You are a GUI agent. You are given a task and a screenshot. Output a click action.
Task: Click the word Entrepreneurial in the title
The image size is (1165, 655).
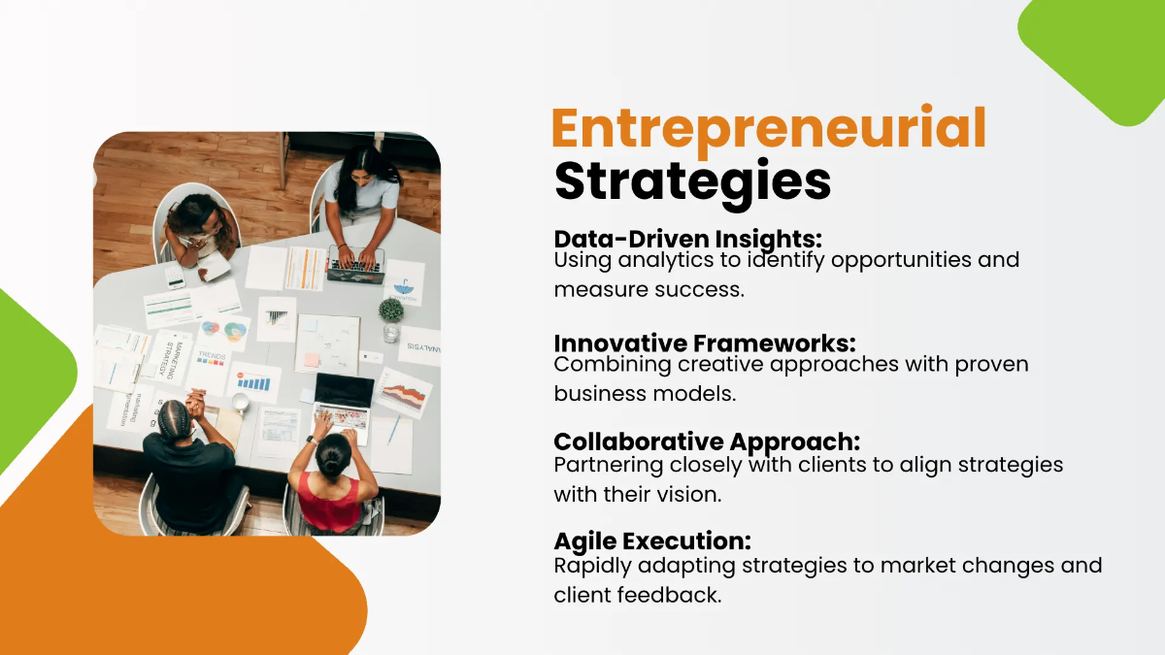pyautogui.click(x=769, y=128)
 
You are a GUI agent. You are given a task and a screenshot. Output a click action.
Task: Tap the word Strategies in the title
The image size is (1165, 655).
pyautogui.click(x=692, y=181)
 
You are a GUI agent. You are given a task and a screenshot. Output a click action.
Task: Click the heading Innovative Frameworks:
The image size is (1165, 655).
pyautogui.click(x=704, y=344)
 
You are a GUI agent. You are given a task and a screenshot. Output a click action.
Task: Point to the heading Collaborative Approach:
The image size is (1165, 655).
pyautogui.click(x=707, y=442)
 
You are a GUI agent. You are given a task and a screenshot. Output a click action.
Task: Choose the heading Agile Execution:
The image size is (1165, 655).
pyautogui.click(x=652, y=541)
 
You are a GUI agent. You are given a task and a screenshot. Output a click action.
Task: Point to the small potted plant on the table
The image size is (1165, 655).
pyautogui.click(x=390, y=311)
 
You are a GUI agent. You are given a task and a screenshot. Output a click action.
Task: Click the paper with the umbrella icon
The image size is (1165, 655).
pyautogui.click(x=403, y=282)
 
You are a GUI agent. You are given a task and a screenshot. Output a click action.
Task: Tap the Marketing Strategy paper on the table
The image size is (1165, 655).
pyautogui.click(x=168, y=357)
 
